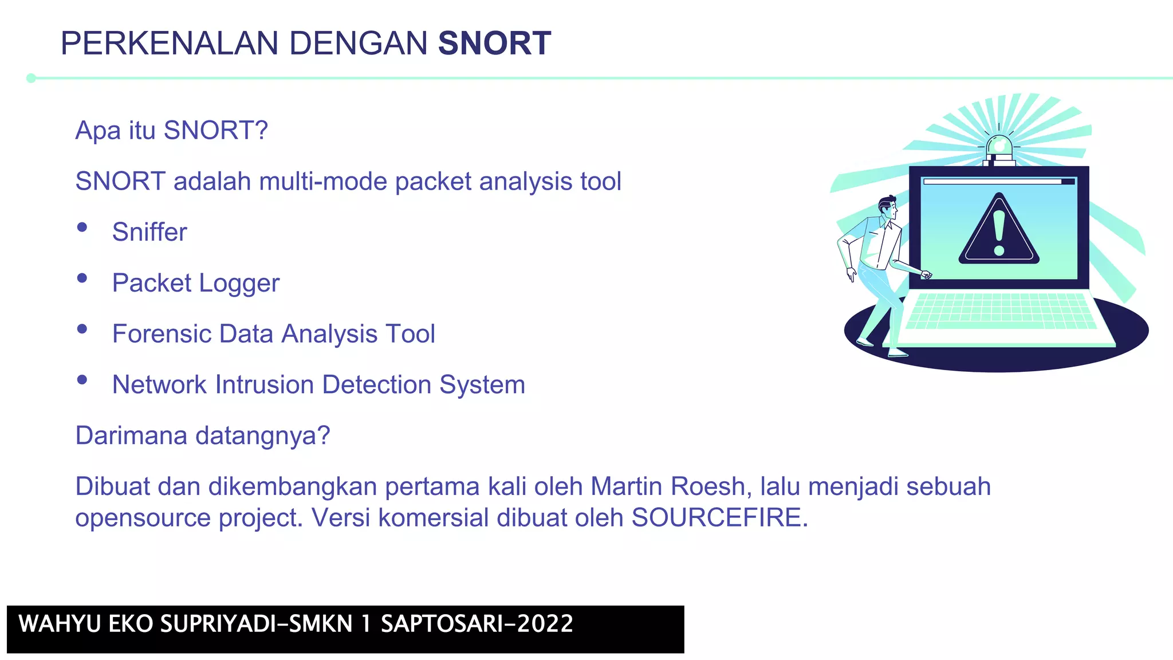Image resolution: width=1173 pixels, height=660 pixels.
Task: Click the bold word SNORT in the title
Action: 494,44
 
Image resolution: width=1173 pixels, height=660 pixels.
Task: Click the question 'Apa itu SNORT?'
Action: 172,131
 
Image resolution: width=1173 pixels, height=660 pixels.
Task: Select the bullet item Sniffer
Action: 149,232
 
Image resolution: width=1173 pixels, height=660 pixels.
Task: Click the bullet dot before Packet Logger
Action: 82,278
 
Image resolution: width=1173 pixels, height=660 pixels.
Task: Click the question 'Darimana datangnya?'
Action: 203,435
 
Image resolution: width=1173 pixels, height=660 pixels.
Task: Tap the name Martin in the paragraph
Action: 627,486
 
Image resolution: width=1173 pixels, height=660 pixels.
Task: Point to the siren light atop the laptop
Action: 999,148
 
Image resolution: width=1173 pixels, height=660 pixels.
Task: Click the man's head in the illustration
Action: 888,207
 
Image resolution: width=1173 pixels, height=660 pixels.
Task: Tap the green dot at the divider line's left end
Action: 32,78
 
